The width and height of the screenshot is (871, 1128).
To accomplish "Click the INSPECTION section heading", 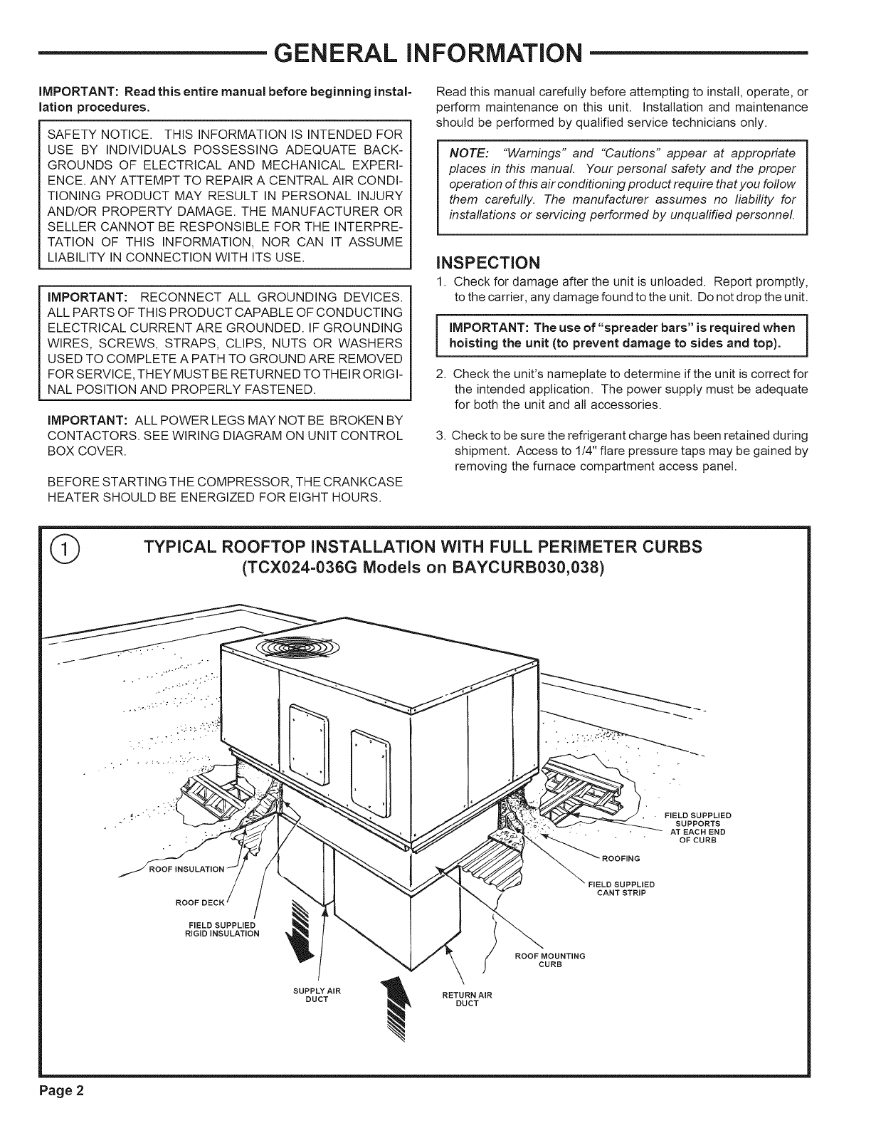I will (x=490, y=258).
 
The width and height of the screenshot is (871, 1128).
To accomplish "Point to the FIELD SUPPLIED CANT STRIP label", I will (x=621, y=889).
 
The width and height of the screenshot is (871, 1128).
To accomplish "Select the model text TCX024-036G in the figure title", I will (x=302, y=571).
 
